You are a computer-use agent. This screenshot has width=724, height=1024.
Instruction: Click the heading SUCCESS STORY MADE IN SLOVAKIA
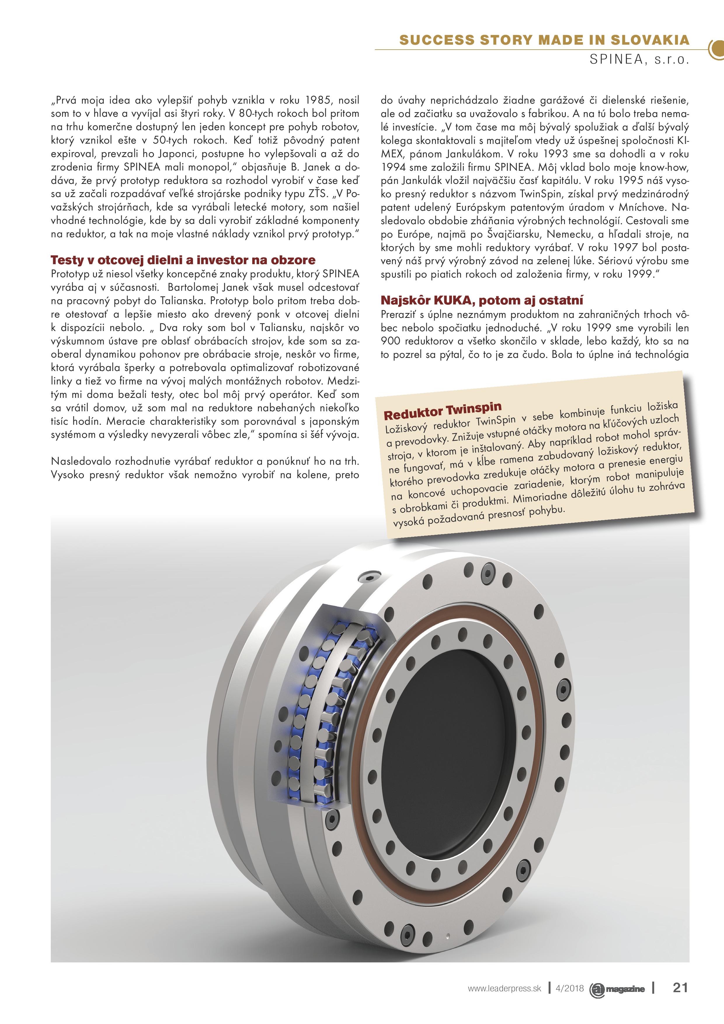click(544, 40)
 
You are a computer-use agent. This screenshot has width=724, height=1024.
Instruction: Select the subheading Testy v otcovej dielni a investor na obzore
click(183, 260)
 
